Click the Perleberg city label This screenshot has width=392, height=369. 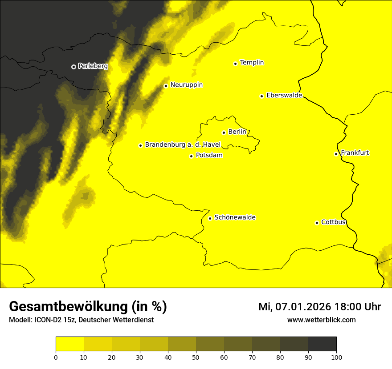93,66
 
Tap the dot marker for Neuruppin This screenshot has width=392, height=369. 166,86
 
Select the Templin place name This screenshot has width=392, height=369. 252,63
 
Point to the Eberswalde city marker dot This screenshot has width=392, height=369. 261,96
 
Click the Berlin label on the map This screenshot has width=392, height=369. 237,132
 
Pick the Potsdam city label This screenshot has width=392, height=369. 209,156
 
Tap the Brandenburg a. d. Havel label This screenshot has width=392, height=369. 183,145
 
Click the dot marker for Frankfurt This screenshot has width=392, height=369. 336,154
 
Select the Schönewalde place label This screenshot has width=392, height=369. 235,217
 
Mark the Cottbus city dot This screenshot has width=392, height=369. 317,223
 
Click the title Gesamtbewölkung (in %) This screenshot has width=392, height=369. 88,307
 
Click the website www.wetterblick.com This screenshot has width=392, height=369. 321,320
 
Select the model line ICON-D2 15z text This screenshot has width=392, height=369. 81,320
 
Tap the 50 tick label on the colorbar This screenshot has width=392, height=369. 196,357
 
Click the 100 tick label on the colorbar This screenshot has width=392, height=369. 336,357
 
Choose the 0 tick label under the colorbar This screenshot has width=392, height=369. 56,357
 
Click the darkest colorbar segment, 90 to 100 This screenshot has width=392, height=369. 322,344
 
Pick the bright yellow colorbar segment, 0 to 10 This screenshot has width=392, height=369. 69,344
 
